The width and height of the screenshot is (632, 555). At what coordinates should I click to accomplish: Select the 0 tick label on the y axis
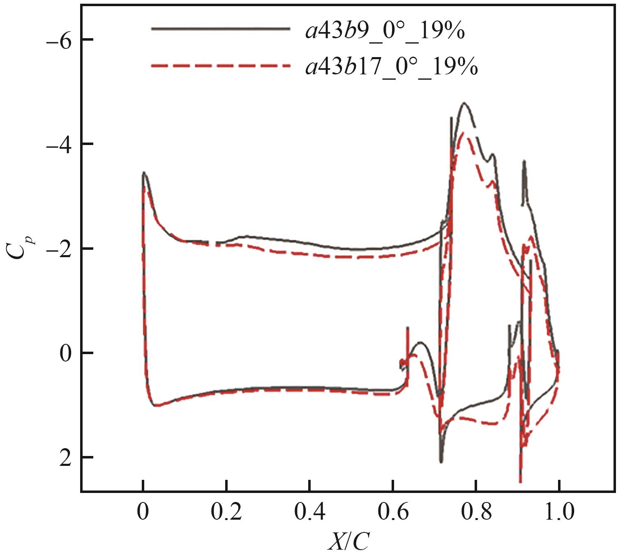[65, 353]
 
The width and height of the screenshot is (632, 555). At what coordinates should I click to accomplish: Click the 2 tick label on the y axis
[65, 457]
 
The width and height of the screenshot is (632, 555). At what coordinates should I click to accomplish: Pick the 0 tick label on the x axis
[143, 513]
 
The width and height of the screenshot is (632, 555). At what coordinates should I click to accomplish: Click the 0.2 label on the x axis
[226, 513]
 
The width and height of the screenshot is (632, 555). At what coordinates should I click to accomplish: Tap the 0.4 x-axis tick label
[309, 513]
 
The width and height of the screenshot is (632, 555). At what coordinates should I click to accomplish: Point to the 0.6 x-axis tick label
[393, 513]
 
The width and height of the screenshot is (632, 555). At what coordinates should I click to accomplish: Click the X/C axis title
[348, 541]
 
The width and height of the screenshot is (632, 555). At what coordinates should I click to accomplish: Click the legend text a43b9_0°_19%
[385, 30]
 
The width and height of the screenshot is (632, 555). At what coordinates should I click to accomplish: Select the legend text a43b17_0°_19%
[392, 66]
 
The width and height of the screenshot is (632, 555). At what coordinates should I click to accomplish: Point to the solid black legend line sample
[221, 29]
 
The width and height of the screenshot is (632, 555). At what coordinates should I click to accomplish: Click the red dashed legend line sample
[221, 65]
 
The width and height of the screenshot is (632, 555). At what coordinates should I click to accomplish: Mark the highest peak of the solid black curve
[464, 103]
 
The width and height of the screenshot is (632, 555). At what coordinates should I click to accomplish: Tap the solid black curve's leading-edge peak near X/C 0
[143, 173]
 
